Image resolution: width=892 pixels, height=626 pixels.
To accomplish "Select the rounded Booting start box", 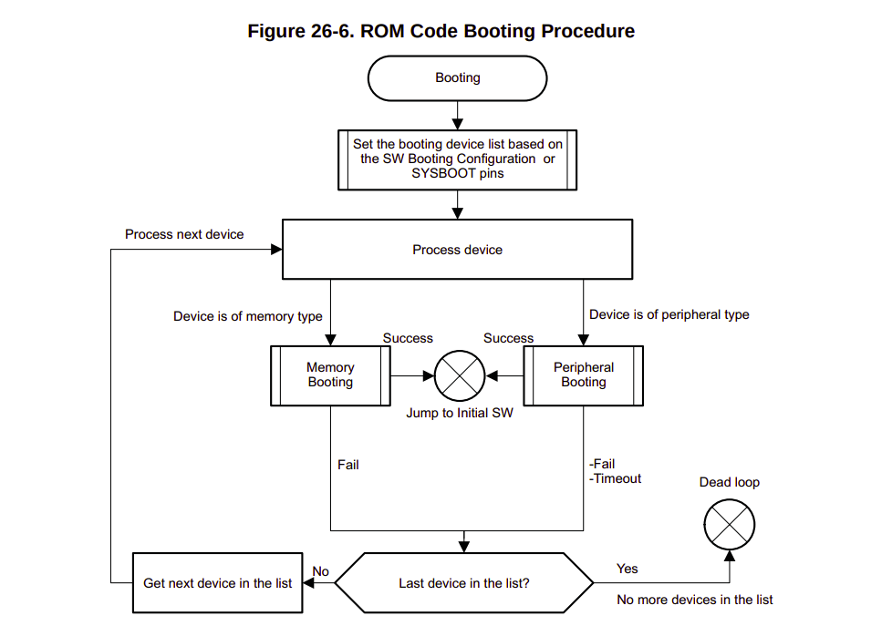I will point(457,78).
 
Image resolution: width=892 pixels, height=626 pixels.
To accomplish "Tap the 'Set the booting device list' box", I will point(457,159).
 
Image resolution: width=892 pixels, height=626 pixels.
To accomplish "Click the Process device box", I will point(457,250).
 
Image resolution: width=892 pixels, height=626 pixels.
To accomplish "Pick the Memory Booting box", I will point(330,375).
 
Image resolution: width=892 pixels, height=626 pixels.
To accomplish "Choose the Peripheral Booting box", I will point(583,375).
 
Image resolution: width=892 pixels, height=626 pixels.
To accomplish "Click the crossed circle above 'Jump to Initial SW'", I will point(459,375).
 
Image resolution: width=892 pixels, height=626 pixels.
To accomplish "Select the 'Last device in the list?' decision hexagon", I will point(463,583).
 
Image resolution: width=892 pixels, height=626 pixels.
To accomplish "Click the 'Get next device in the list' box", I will point(218,583).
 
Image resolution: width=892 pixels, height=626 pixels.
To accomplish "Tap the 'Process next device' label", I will point(184,234).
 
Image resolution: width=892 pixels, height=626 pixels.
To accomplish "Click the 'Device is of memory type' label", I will point(247,316).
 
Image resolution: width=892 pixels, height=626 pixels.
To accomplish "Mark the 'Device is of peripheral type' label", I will point(669,314).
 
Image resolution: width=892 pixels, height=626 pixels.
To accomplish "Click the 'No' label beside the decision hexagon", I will point(320,571).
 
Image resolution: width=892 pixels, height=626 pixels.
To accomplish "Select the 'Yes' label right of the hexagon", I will point(627,569).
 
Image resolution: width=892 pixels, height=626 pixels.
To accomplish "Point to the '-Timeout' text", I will point(616,478).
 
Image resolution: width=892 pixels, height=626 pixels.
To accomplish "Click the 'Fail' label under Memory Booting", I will point(347,465).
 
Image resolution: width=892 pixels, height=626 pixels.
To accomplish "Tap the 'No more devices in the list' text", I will point(694,600).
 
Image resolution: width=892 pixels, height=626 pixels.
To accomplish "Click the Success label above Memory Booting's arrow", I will point(407,338).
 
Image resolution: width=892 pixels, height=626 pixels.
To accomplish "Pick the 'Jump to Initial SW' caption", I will point(459,413).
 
